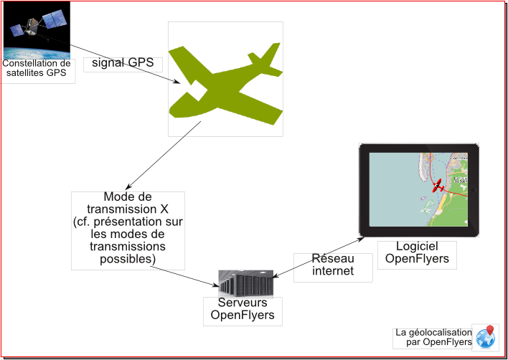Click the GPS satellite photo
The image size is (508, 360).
coord(37,30)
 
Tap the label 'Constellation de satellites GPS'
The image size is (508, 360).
coord(37,68)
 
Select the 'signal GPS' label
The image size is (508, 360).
coord(123,63)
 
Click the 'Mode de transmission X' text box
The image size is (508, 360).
coord(128,229)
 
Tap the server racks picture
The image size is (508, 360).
coord(246,283)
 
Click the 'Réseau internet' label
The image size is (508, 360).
coord(333,265)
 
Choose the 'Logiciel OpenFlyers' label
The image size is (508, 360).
coord(417,252)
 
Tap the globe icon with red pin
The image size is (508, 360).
coord(486,338)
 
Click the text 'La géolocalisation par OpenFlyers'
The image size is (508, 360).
coord(433,337)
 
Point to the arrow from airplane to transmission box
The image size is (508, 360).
coord(161,156)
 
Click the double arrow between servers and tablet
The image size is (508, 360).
coord(319,257)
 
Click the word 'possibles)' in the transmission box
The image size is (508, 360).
coord(128,259)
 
